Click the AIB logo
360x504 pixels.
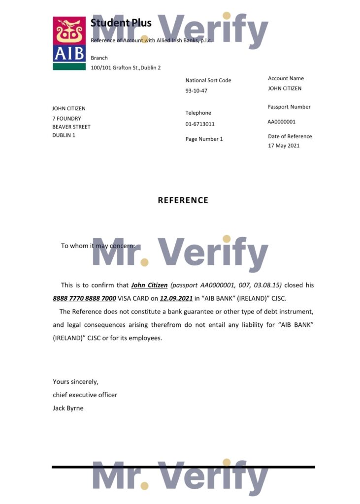click(x=69, y=43)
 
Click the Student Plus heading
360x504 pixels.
click(x=121, y=23)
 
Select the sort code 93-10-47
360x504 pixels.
click(x=196, y=91)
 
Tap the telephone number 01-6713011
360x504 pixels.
click(x=200, y=124)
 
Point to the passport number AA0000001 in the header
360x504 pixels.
click(x=282, y=122)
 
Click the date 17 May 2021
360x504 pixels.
click(x=284, y=146)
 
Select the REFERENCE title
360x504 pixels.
click(x=183, y=200)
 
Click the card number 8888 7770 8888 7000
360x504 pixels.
click(x=84, y=298)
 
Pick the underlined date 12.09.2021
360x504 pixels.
click(x=176, y=298)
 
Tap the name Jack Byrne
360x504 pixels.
click(x=68, y=408)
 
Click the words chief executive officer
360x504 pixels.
click(x=85, y=395)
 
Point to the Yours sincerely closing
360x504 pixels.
click(x=75, y=381)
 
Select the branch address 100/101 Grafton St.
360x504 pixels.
click(x=126, y=68)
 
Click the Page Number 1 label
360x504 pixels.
click(x=204, y=139)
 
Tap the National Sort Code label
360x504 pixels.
click(x=208, y=80)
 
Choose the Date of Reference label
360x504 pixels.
click(x=290, y=136)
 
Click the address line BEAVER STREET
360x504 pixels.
click(x=71, y=127)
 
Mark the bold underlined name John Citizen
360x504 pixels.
click(x=149, y=285)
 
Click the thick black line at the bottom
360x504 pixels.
click(x=183, y=467)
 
